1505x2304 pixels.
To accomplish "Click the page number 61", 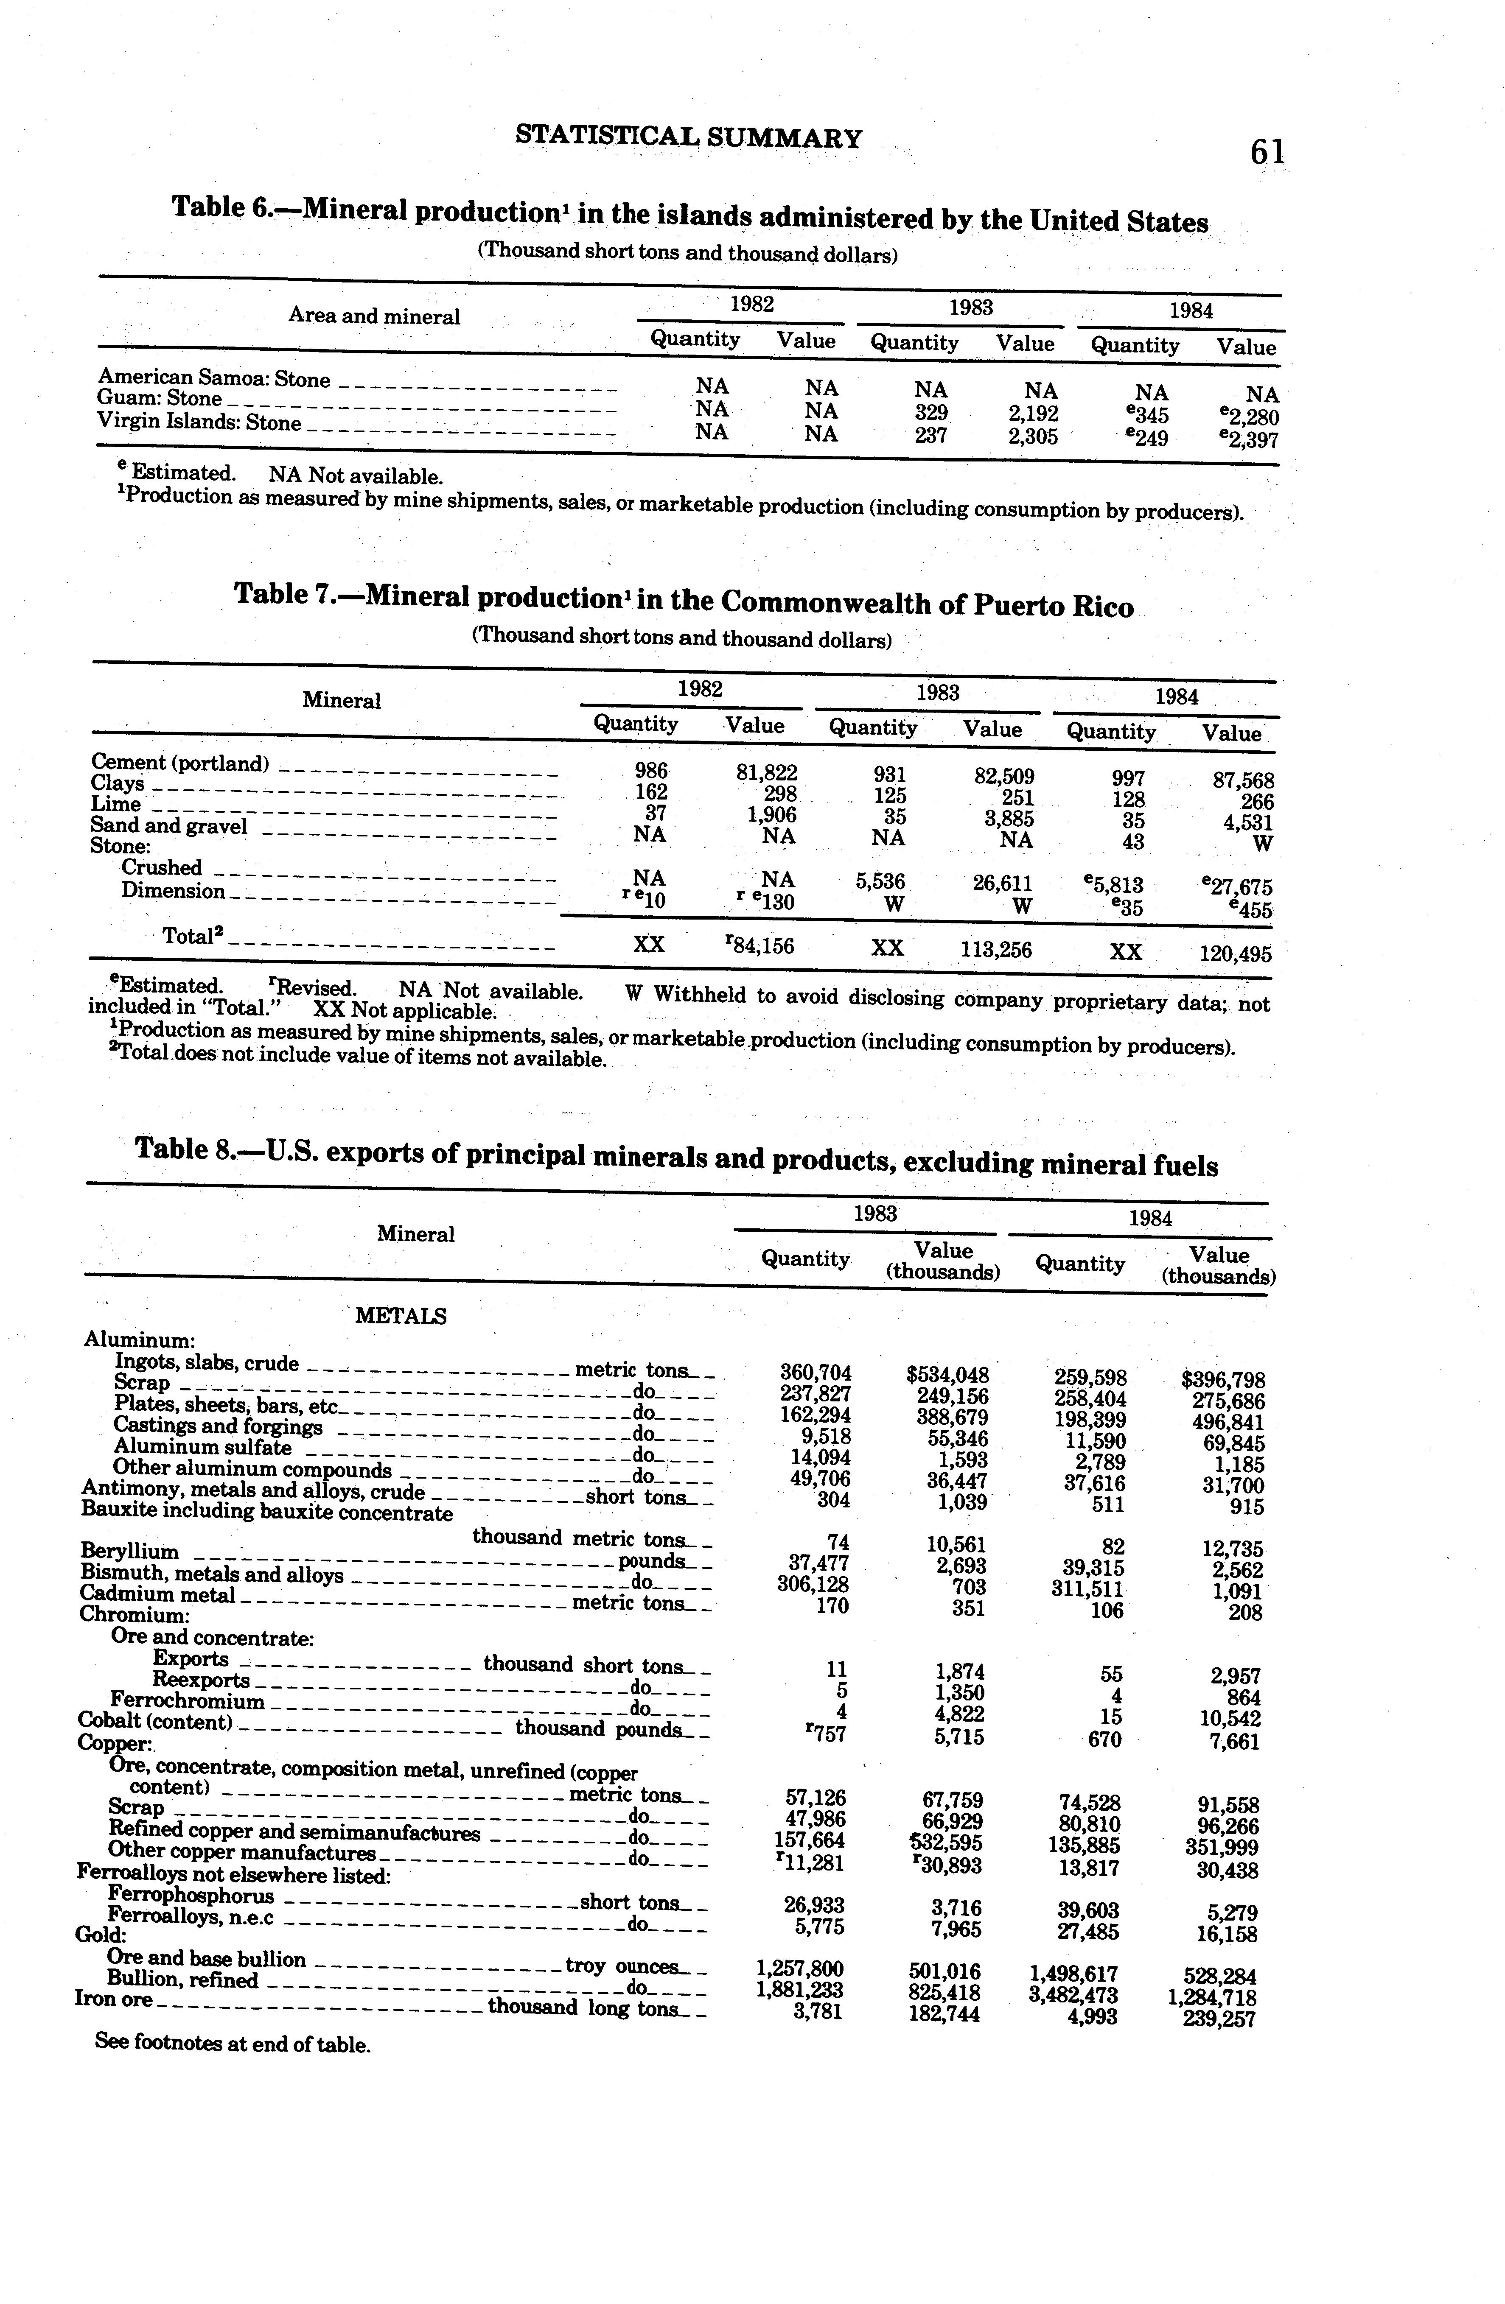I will [1266, 152].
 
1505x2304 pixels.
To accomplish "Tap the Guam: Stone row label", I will [160, 399].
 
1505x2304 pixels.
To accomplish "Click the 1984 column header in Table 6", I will [1190, 311].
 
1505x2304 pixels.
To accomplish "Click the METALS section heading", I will [401, 1316].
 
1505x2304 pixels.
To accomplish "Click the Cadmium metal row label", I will [157, 1594].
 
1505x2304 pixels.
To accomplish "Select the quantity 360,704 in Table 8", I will [816, 1373].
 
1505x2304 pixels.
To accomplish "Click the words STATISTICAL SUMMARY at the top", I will [689, 137].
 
